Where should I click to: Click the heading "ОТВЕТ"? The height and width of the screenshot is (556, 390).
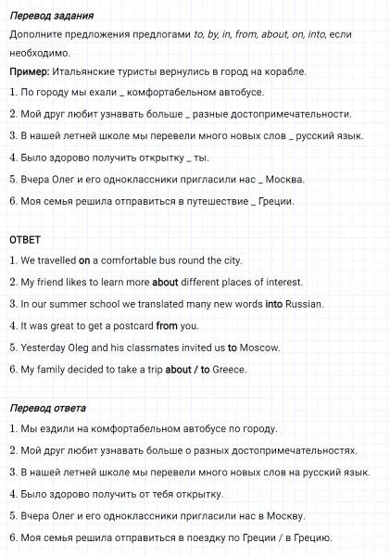25,239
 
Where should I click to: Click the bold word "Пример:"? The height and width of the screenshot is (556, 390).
30,71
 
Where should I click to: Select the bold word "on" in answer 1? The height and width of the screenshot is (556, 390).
83,260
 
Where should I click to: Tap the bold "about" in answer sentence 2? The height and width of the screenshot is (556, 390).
165,283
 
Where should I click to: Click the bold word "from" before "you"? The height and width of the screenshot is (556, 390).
167,326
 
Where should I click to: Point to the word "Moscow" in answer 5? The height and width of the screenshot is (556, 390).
258,348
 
